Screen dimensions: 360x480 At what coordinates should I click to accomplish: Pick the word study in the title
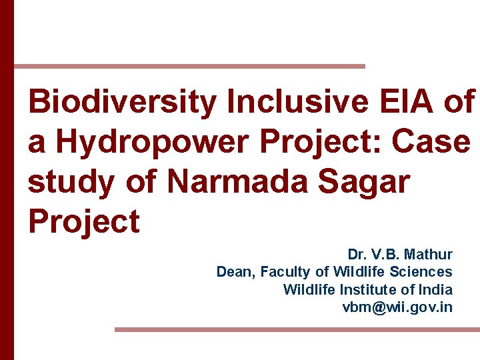[x=71, y=182]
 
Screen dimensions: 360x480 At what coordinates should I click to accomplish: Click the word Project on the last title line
[x=84, y=221]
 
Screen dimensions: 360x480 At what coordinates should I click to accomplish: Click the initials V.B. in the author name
[x=386, y=255]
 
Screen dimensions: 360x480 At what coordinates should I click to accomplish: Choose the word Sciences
[x=422, y=272]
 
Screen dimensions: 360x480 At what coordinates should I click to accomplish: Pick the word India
[x=436, y=290]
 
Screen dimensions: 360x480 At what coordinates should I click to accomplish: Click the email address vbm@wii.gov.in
[x=397, y=307]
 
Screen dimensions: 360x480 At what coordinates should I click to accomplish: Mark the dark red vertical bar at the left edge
[x=7, y=180]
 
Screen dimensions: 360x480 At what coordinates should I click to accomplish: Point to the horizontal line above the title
[x=189, y=66]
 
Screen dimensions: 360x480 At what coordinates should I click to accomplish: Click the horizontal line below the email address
[x=297, y=329]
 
